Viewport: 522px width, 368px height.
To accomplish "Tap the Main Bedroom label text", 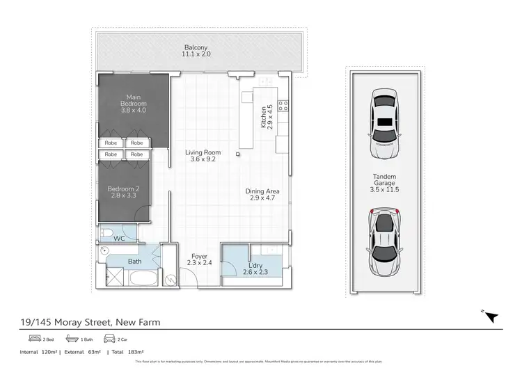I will [x=133, y=103].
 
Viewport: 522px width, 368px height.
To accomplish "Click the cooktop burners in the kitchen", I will [x=283, y=106].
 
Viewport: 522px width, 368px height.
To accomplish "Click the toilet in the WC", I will [x=104, y=231].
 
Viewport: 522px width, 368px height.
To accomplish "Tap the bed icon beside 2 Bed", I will [x=33, y=339].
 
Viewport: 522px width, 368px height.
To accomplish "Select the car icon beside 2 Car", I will [x=108, y=339].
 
